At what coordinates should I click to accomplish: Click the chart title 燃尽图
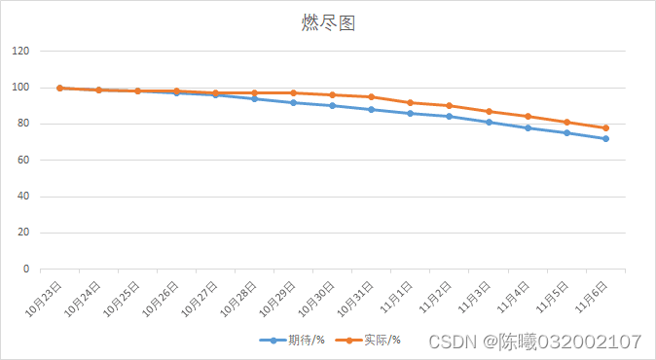(x=328, y=23)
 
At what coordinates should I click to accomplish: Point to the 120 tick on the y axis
(x=20, y=52)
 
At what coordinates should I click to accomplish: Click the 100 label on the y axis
(x=20, y=88)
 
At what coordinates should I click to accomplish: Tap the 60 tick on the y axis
(x=23, y=161)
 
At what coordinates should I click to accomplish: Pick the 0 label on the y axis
(x=26, y=270)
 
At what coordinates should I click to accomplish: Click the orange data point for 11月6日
(x=605, y=127)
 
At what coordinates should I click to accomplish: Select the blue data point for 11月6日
(x=605, y=138)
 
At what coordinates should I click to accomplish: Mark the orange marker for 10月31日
(x=372, y=96)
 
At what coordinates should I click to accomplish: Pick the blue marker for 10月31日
(x=372, y=109)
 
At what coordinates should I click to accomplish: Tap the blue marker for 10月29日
(x=294, y=102)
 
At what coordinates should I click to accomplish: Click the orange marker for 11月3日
(x=489, y=111)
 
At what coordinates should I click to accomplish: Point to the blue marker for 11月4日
(x=528, y=127)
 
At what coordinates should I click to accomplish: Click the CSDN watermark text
(x=534, y=342)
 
